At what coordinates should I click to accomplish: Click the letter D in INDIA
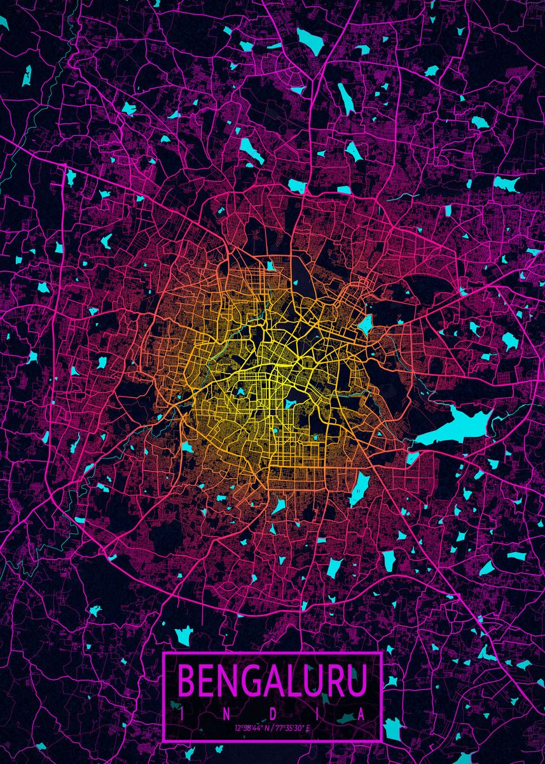pos(272,714)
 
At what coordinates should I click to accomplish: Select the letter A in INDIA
pos(362,714)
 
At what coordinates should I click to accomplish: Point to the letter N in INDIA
pos(226,714)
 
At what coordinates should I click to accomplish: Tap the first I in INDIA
pos(181,714)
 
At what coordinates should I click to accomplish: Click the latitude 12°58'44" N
pos(251,728)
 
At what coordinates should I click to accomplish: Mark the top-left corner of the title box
pos(163,653)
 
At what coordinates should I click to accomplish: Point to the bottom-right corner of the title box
pos(381,740)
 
